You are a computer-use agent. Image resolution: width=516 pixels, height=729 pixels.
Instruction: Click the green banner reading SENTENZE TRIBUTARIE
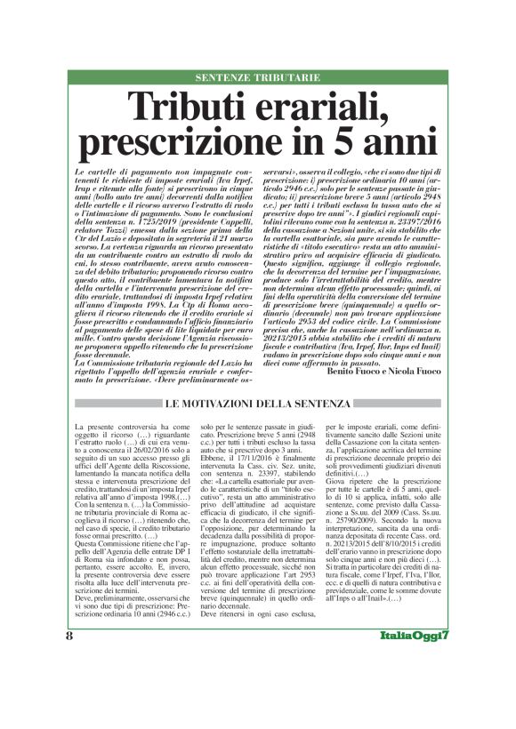(259, 79)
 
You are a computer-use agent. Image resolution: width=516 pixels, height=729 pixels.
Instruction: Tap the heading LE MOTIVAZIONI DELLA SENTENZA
(259, 405)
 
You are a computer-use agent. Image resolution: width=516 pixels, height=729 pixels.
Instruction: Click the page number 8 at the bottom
(69, 683)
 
